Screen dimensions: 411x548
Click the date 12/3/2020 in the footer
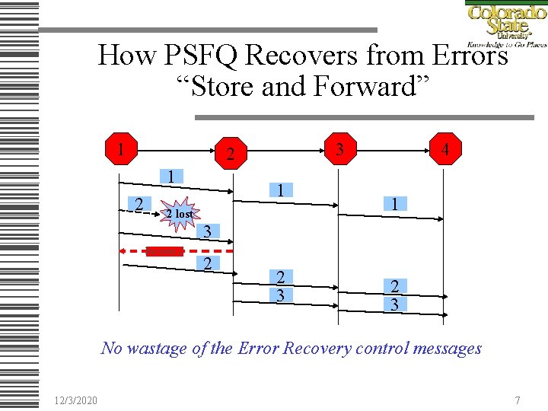click(75, 400)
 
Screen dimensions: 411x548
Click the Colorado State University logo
click(505, 24)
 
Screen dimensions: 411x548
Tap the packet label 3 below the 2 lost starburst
click(206, 231)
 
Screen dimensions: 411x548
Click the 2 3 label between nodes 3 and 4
click(395, 295)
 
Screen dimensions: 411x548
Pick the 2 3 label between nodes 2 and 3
click(281, 285)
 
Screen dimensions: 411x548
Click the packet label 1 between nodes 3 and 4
click(395, 203)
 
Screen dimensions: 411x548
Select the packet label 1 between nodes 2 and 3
click(281, 190)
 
